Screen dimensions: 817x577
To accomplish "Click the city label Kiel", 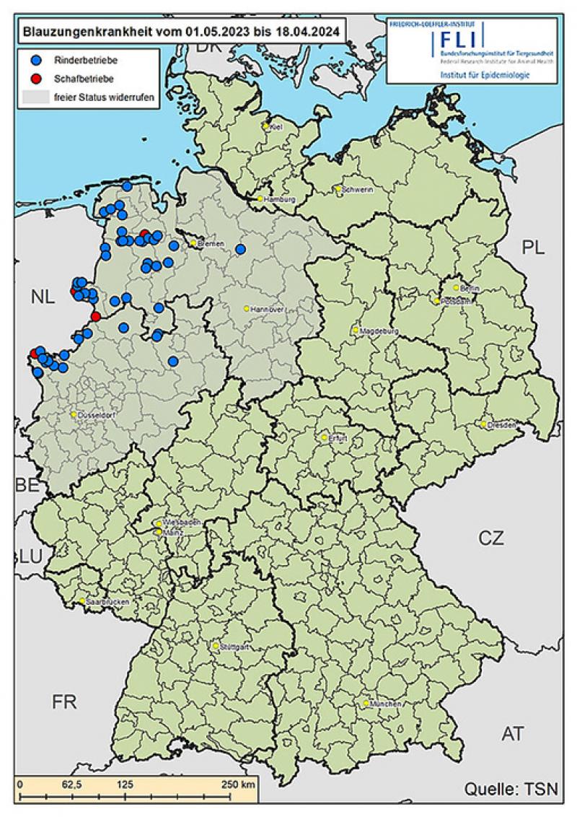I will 275,127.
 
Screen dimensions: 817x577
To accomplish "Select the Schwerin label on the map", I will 356,190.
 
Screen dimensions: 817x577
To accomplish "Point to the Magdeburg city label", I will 374,331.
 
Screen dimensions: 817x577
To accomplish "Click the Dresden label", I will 502,425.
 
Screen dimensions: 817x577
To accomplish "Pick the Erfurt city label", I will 338,438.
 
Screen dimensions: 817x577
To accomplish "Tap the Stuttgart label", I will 234,647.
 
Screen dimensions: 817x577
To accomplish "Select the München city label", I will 385,703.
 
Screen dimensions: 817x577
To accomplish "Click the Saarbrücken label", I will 102,601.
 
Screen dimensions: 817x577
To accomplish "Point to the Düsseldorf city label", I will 94,415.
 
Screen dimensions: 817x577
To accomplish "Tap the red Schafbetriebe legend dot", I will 37,78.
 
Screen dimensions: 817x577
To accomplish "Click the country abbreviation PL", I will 534,248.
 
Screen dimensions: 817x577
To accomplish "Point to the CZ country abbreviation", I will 491,538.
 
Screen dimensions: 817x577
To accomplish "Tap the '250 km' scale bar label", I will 239,785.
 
